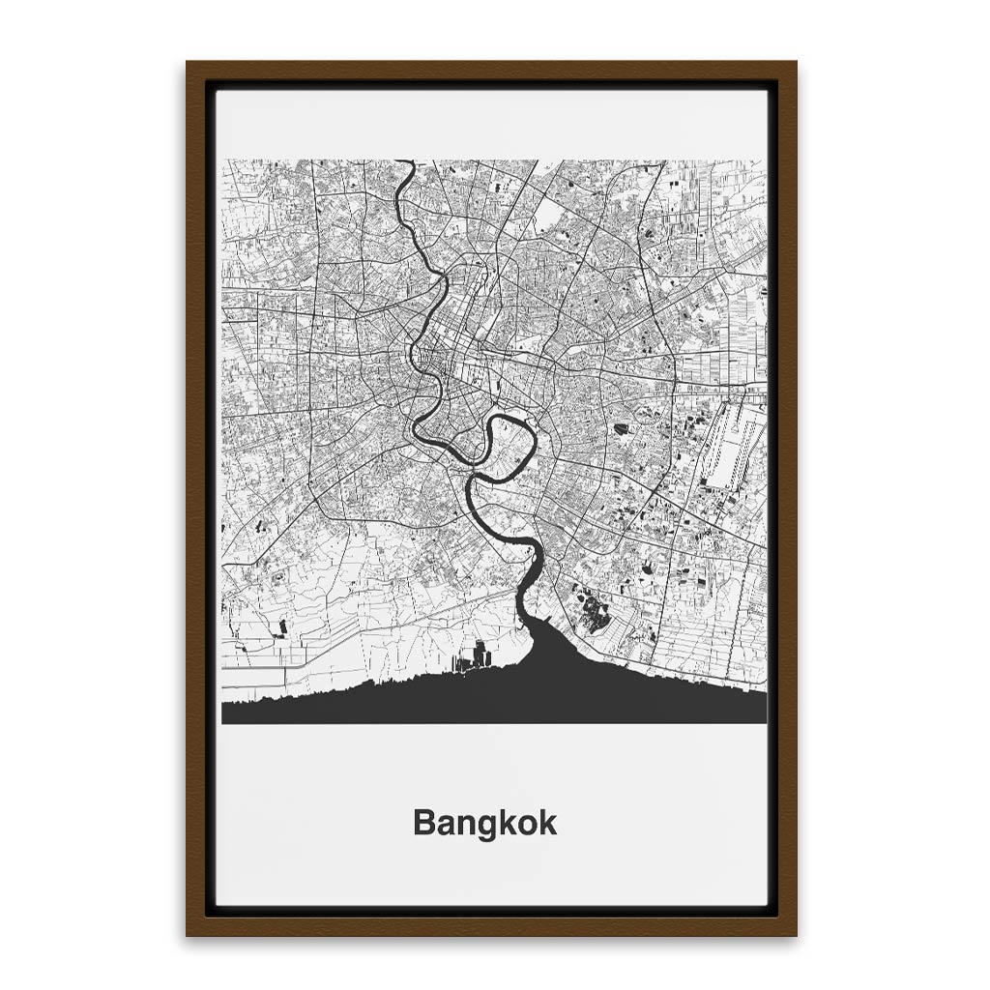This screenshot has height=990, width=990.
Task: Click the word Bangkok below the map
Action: coord(484,824)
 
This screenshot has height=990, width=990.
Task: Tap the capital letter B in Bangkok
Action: coord(422,824)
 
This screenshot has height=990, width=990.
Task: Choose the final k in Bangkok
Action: coord(548,824)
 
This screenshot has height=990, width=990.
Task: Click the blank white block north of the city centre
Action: coord(547,215)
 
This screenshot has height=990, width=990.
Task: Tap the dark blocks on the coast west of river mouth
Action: coord(475,658)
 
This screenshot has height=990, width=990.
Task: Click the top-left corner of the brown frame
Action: coord(189,64)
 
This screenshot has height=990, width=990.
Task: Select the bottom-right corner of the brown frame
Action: coord(795,934)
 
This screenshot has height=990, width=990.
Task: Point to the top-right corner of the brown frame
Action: coord(795,64)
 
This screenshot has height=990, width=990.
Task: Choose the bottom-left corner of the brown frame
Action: coord(189,934)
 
